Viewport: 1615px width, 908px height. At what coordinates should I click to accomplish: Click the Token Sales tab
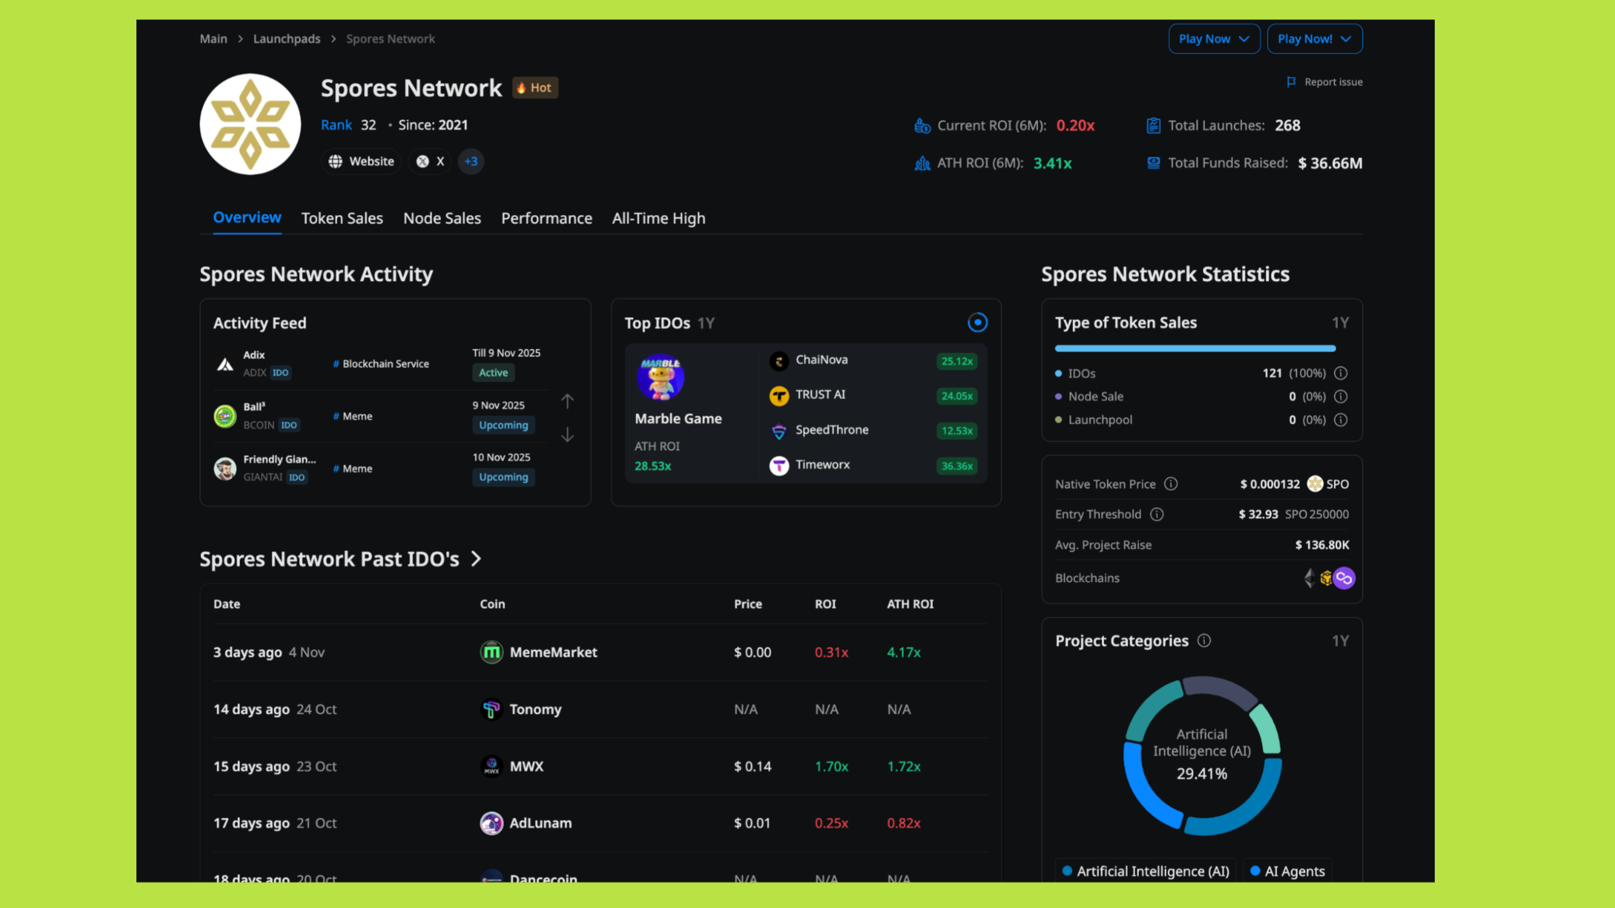(x=342, y=218)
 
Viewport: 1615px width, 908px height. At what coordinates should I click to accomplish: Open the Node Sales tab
(x=442, y=218)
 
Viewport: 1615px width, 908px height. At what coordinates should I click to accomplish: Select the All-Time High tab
(x=658, y=218)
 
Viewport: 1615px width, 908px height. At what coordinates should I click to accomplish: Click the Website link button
(x=361, y=161)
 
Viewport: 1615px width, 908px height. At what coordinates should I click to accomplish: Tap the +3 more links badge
(x=471, y=161)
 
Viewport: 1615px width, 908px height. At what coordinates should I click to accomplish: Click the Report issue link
(x=1325, y=82)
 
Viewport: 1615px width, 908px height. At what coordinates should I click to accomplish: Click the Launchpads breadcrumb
(x=286, y=39)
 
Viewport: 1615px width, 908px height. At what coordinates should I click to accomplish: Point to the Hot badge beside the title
(x=535, y=88)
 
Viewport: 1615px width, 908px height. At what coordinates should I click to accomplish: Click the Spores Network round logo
(x=250, y=124)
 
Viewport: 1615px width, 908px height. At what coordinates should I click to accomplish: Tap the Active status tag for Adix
(x=493, y=373)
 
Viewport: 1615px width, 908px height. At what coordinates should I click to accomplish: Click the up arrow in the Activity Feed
(x=567, y=401)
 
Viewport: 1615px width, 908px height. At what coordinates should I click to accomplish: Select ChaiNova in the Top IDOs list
(x=821, y=360)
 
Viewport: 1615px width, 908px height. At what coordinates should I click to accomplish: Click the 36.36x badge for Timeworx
(x=956, y=466)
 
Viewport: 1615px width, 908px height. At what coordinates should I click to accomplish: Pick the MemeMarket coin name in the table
(x=553, y=652)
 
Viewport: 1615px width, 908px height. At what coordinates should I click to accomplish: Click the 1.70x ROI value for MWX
(x=831, y=767)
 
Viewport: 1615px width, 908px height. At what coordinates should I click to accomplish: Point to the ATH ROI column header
(x=910, y=604)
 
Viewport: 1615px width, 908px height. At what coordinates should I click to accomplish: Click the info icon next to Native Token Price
(x=1171, y=484)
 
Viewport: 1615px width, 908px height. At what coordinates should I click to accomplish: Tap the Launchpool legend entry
(x=1099, y=420)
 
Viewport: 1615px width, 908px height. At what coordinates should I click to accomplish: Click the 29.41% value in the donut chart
(x=1202, y=774)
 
